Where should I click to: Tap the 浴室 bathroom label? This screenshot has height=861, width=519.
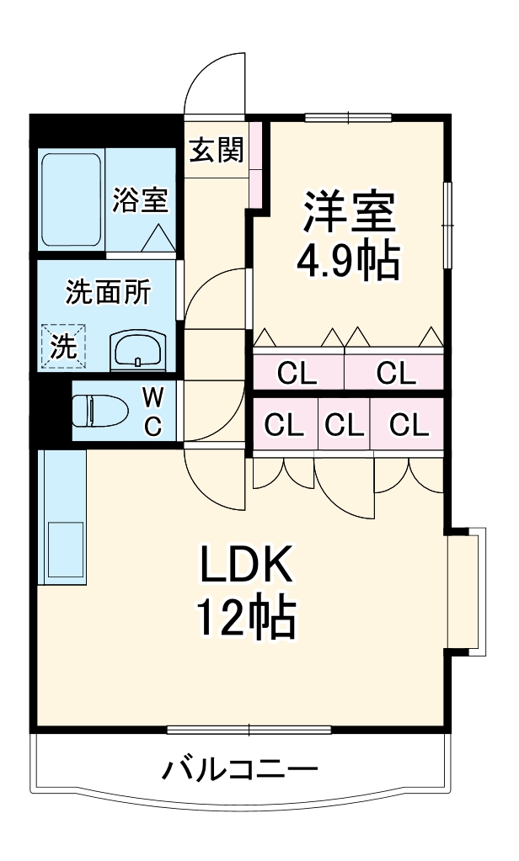click(x=141, y=200)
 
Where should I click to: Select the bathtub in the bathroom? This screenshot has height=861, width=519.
click(x=71, y=201)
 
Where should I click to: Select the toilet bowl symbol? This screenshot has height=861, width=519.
click(x=99, y=412)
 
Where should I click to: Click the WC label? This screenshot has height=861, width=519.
click(x=152, y=412)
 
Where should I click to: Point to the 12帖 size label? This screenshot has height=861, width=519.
click(x=245, y=619)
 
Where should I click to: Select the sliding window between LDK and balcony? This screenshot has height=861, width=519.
click(x=249, y=729)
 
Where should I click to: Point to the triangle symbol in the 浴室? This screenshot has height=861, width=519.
click(x=156, y=239)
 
